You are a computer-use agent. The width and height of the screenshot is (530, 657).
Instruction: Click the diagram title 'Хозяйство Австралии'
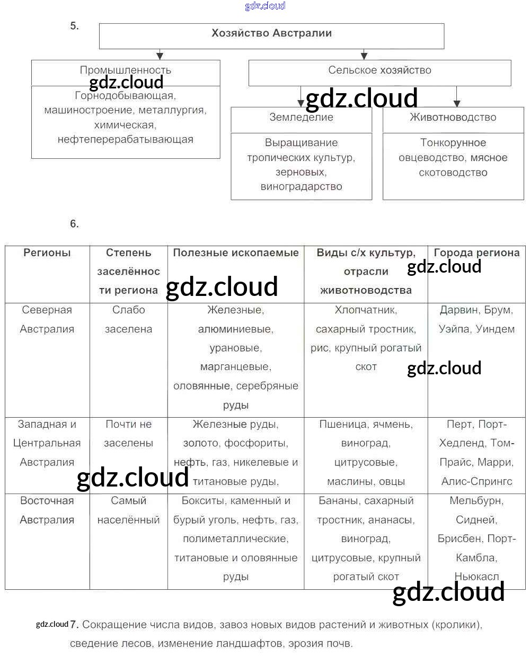click(271, 33)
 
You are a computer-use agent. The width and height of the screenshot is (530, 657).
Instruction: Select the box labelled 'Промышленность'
click(126, 70)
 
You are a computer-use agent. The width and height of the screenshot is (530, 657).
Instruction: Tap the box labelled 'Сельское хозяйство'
click(379, 70)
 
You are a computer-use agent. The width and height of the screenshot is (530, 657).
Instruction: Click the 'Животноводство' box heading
click(453, 118)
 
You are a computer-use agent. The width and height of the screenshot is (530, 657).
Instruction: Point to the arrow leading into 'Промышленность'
click(160, 55)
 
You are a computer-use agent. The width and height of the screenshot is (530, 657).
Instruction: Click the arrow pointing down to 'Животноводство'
click(457, 102)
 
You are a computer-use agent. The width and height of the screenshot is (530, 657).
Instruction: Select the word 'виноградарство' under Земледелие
click(301, 186)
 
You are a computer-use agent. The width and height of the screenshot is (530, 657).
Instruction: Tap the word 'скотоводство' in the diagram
click(453, 173)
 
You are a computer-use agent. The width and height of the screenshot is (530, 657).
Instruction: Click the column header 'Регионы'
click(47, 253)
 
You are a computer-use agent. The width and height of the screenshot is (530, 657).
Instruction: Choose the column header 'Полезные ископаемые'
click(236, 253)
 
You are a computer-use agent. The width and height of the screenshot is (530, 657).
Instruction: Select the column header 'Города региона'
click(476, 253)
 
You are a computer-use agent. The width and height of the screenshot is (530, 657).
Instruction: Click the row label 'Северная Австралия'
click(47, 319)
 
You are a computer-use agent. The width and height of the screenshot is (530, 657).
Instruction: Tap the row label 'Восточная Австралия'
click(47, 510)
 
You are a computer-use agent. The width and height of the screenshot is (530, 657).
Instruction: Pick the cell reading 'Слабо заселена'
click(128, 319)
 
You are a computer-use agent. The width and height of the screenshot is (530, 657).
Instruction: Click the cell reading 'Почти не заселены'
click(128, 434)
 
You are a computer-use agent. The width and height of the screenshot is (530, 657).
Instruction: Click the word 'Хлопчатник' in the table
click(366, 310)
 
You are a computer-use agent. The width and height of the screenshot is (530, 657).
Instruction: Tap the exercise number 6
click(74, 224)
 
